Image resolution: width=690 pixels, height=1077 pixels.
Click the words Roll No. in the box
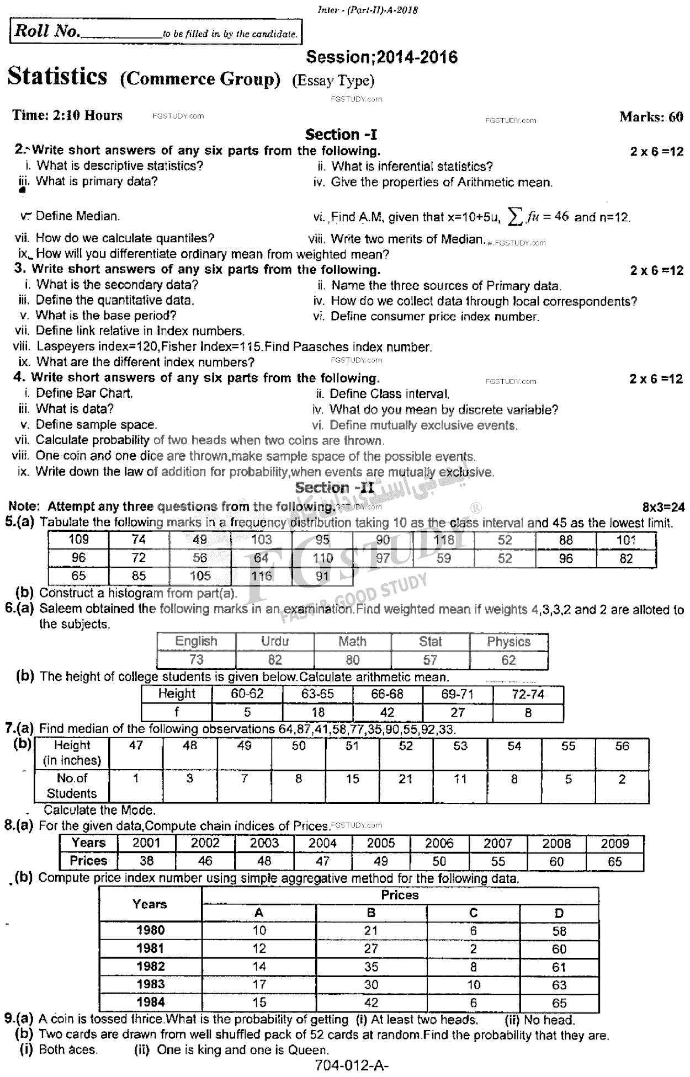pyautogui.click(x=47, y=31)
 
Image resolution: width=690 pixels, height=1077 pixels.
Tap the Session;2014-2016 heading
pyautogui.click(x=381, y=57)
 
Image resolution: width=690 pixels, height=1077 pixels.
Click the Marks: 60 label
pyautogui.click(x=651, y=116)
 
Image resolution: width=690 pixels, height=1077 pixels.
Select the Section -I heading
pyautogui.click(x=341, y=135)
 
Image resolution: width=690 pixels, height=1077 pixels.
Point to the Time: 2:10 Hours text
pyautogui.click(x=67, y=115)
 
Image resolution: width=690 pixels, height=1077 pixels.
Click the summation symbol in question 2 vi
pyautogui.click(x=514, y=217)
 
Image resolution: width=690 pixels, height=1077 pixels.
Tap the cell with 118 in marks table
pyautogui.click(x=444, y=540)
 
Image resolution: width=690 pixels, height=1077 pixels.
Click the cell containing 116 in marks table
pyautogui.click(x=261, y=576)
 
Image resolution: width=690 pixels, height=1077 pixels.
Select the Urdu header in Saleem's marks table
pyautogui.click(x=274, y=641)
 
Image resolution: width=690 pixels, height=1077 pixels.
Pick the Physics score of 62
pyautogui.click(x=508, y=660)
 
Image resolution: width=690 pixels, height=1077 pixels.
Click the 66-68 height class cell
pyautogui.click(x=388, y=694)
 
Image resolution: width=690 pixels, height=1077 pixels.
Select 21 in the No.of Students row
pyautogui.click(x=405, y=779)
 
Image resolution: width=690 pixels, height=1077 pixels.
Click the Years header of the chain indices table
pyautogui.click(x=88, y=843)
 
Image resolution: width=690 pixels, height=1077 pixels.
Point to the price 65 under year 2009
pyautogui.click(x=614, y=861)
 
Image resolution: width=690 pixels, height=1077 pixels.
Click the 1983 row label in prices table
pyautogui.click(x=150, y=984)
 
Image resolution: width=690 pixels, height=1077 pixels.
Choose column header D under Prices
pyautogui.click(x=559, y=913)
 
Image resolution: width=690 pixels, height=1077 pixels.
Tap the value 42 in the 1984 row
pyautogui.click(x=370, y=1003)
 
